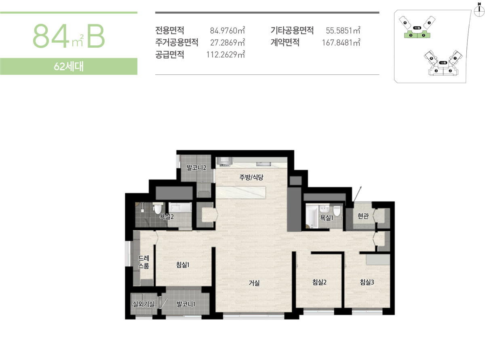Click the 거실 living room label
254,283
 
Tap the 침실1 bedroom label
183,265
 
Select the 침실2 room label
319,282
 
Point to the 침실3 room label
367,282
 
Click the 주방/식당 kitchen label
251,177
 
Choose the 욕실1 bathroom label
326,217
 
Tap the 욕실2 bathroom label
167,217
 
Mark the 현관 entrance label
363,217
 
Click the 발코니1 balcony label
186,304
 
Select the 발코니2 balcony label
196,167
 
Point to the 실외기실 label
143,304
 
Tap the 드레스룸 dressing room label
144,262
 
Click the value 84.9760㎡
228,30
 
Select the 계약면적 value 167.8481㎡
341,42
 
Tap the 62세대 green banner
69,67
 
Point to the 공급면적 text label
170,55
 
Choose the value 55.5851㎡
343,30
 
